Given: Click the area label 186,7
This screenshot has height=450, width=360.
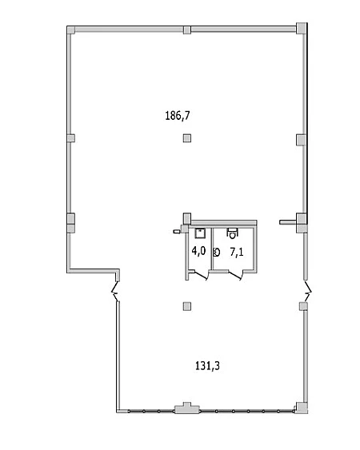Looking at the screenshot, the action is pos(178,116).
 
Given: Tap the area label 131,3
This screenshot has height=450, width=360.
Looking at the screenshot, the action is pos(207,366).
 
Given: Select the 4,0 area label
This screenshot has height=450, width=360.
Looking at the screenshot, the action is pos(198,251).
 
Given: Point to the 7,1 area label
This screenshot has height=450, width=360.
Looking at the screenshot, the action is pos(237,253).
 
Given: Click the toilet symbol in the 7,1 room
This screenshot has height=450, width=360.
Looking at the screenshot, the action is pos(232,233).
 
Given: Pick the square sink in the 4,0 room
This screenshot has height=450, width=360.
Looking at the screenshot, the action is pos(199,233).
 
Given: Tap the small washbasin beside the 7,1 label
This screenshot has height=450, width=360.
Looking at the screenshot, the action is pos(216,253).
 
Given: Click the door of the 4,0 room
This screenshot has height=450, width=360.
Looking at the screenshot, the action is pos(201,275).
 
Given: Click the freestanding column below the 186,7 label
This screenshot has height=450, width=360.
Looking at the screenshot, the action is pos(187,138).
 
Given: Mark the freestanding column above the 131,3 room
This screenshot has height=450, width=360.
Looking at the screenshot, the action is pos(187,306).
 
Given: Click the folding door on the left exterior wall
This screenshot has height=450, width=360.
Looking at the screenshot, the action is pos(115,291).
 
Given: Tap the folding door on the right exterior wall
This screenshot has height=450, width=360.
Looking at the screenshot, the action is pos(308,291).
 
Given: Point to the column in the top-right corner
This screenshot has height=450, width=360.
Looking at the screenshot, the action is pos(301,29).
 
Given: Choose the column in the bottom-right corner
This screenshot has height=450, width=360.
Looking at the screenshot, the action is pos(302,408).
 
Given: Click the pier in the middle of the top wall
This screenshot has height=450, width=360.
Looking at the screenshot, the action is pos(187,30).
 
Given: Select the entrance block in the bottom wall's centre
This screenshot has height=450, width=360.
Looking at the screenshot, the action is pos(187,408).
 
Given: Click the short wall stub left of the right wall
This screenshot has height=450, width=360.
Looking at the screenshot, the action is pos(288,221).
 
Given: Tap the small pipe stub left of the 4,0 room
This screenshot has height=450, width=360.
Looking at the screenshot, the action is pos(176,231).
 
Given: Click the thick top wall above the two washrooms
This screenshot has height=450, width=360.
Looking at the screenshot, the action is pos(224,222).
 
